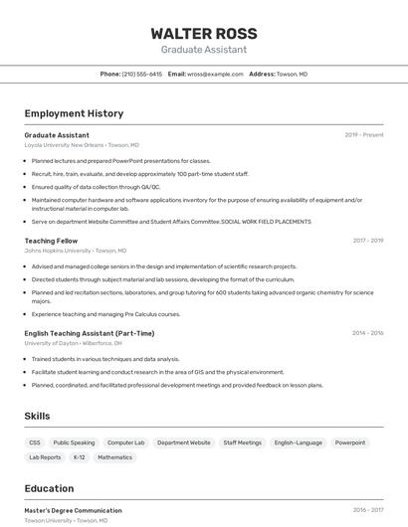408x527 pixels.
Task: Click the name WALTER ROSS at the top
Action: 204,33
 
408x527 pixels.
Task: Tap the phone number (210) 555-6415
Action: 141,74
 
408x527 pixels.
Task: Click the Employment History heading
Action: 74,113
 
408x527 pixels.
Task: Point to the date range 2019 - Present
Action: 364,134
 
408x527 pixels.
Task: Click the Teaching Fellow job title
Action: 51,241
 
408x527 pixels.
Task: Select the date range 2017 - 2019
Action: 368,241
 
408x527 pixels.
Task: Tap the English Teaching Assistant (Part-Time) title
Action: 90,333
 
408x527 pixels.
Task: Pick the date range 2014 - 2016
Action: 368,333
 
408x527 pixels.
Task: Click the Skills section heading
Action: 37,416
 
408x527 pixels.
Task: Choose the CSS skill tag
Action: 35,442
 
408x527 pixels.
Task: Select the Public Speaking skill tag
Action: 75,442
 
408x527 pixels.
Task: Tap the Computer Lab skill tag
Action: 126,442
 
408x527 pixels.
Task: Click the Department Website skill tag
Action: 184,442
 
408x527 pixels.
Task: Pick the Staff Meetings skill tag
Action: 243,442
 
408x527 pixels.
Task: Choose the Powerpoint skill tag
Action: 350,442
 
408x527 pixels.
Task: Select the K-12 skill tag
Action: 79,457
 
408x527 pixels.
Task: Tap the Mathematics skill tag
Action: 114,457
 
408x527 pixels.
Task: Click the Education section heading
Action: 49,488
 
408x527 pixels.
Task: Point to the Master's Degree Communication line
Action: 73,510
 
